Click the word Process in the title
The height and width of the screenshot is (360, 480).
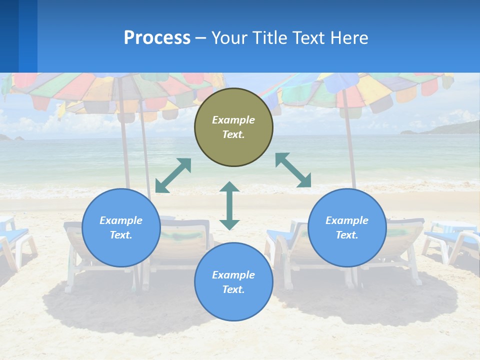coord(157,38)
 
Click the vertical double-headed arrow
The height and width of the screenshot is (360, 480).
coord(229,205)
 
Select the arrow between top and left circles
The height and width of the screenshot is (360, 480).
coord(173,175)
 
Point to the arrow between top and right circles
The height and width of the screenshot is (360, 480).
coord(293,170)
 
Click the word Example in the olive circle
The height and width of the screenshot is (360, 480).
coord(233,120)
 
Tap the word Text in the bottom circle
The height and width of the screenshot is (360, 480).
coord(232,289)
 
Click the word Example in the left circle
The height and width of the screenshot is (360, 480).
coord(121,220)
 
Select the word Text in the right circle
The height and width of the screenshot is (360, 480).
coord(346,235)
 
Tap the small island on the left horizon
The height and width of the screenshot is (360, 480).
coord(19,138)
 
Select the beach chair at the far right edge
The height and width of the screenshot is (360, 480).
coord(452,240)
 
